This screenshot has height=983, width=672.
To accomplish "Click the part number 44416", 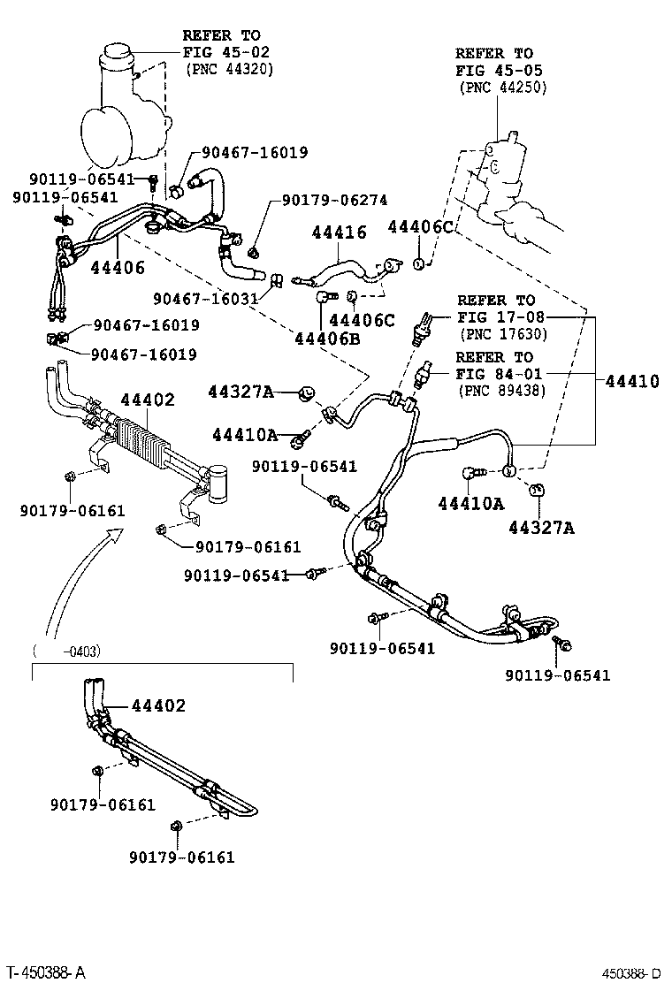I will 338,232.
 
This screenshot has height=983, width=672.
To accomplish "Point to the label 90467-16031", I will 206,300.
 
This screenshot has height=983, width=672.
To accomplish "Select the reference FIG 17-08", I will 500,317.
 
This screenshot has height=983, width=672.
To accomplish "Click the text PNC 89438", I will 502,391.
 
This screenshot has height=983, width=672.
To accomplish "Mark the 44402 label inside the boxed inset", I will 159,705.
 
